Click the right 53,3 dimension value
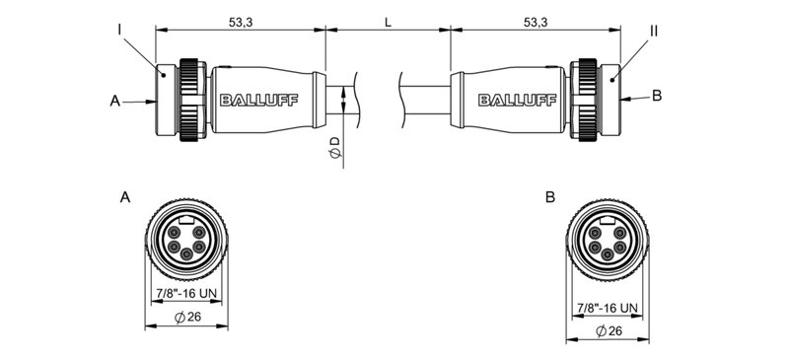coord(537,20)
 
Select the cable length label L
coord(388,20)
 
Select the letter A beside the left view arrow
coord(115,101)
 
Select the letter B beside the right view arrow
coord(658,96)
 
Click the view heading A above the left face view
coord(124,197)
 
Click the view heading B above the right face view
coord(549,197)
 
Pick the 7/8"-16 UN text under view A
coord(187,293)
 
